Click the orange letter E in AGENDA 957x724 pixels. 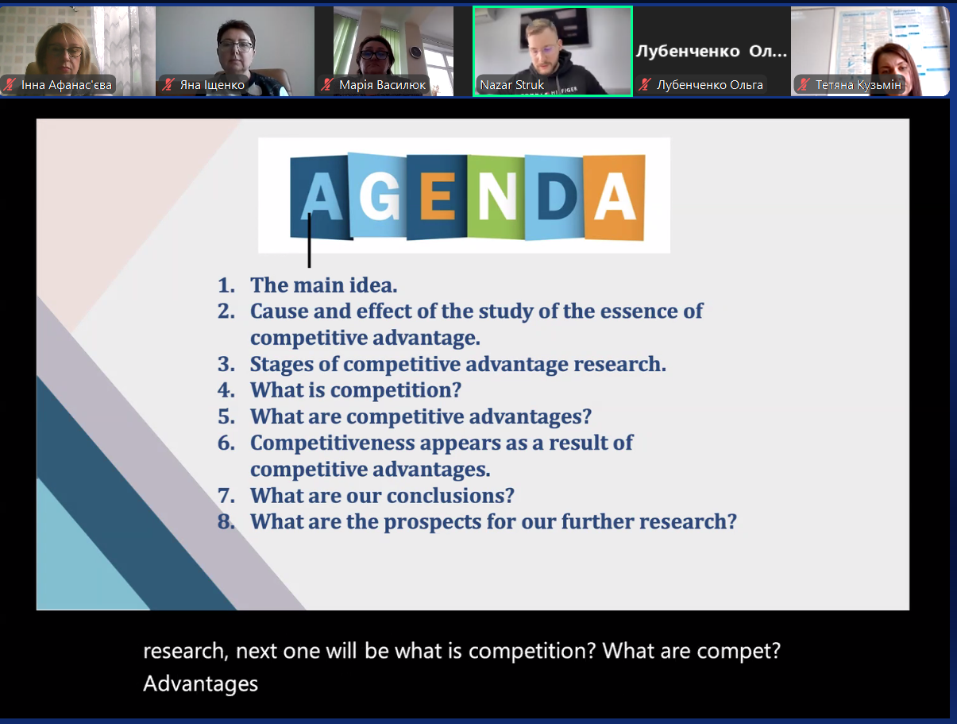point(438,196)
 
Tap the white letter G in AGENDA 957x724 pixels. point(380,196)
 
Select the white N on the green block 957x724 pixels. point(497,196)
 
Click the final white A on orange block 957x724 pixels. point(615,196)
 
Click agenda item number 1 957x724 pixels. point(226,285)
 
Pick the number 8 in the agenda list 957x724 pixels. point(226,521)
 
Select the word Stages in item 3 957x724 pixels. point(282,365)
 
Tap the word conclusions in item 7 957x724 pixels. point(450,495)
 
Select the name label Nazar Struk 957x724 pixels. point(511,84)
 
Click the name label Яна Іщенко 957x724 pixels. point(212,84)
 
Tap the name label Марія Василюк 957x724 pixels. point(382,84)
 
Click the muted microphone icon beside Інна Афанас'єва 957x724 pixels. point(10,84)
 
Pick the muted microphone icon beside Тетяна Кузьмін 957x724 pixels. point(804,84)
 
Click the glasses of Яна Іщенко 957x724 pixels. point(236,46)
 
